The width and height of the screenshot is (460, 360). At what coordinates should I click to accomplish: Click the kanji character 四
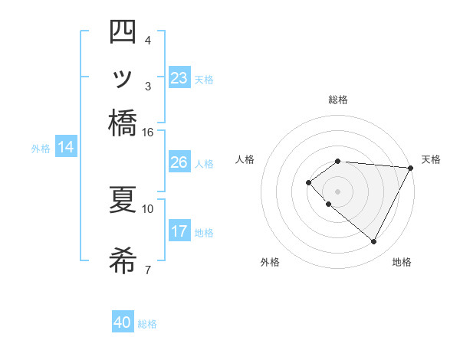pos(123,34)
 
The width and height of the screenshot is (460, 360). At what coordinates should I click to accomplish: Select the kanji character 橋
pos(123,123)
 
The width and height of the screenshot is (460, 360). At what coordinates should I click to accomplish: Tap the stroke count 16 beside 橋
pos(147,132)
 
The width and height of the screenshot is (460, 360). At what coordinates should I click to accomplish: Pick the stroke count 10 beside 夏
pos(148,208)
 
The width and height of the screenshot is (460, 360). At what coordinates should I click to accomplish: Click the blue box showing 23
pos(179,78)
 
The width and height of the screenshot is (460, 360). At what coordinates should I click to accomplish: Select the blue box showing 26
pos(179,162)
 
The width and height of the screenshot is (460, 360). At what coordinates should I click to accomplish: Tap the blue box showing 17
pos(179,231)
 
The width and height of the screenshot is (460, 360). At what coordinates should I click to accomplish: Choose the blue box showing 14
pos(66,147)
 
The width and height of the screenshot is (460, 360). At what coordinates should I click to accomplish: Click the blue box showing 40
pos(123,322)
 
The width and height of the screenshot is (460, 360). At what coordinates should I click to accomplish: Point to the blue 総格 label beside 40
pos(148,324)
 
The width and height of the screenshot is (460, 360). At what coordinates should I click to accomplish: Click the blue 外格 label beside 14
pos(41,149)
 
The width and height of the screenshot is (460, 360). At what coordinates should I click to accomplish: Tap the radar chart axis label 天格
pos(431,159)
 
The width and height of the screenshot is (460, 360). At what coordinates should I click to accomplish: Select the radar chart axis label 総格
pos(338,100)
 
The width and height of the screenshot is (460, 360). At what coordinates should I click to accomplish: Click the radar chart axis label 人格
pos(245,159)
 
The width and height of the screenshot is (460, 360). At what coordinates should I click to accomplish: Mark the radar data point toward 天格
pos(411,168)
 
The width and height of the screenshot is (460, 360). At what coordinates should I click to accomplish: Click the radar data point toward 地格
pos(374,242)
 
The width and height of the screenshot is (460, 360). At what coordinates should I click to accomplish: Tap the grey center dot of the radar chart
pos(338,191)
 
